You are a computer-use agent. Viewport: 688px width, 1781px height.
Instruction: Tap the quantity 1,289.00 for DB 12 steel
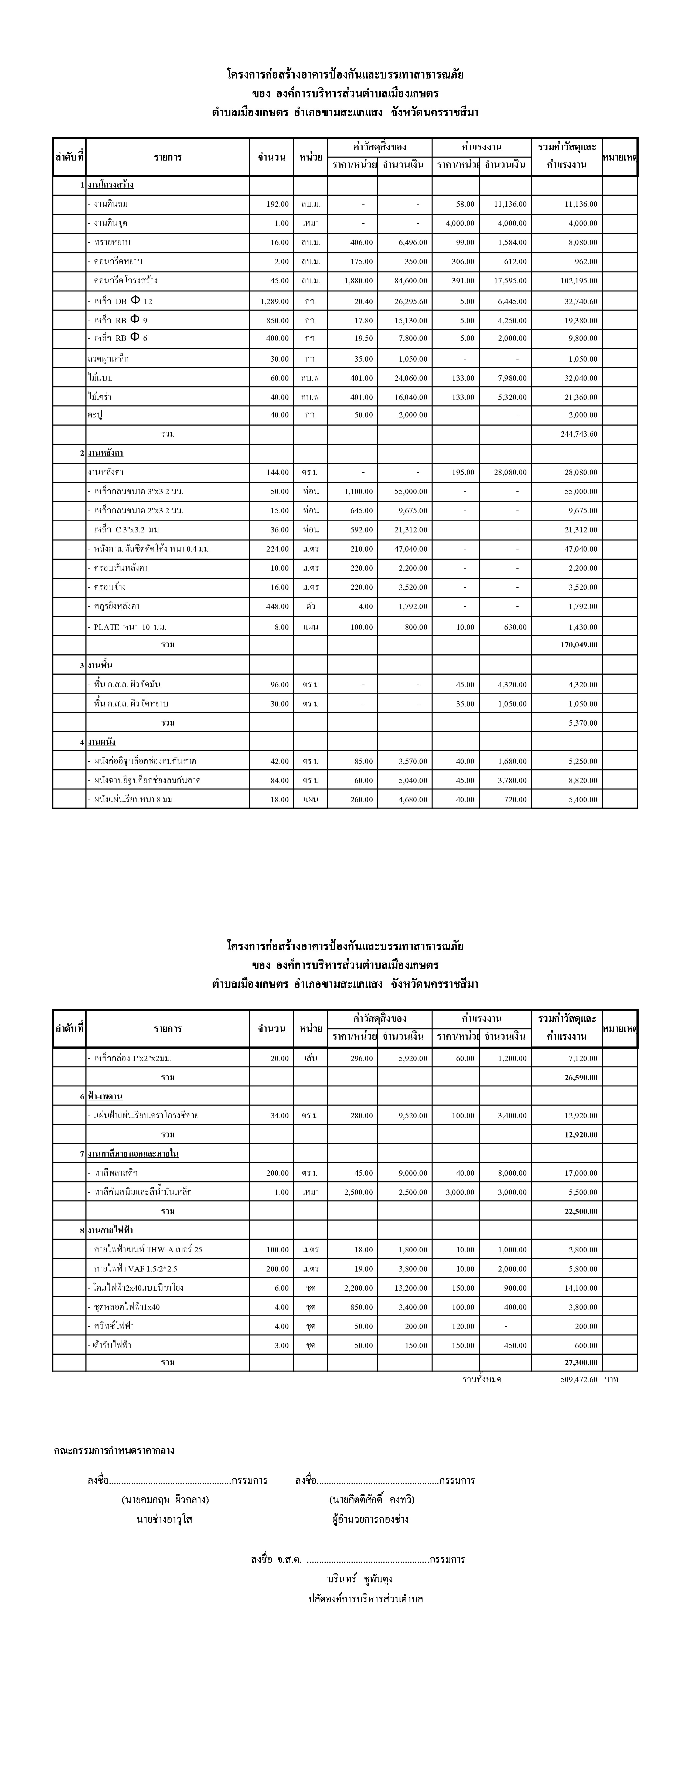click(x=274, y=301)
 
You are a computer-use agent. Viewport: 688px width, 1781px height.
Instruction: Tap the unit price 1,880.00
click(x=358, y=281)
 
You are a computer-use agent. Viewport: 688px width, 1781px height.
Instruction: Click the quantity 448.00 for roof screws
click(x=277, y=606)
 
